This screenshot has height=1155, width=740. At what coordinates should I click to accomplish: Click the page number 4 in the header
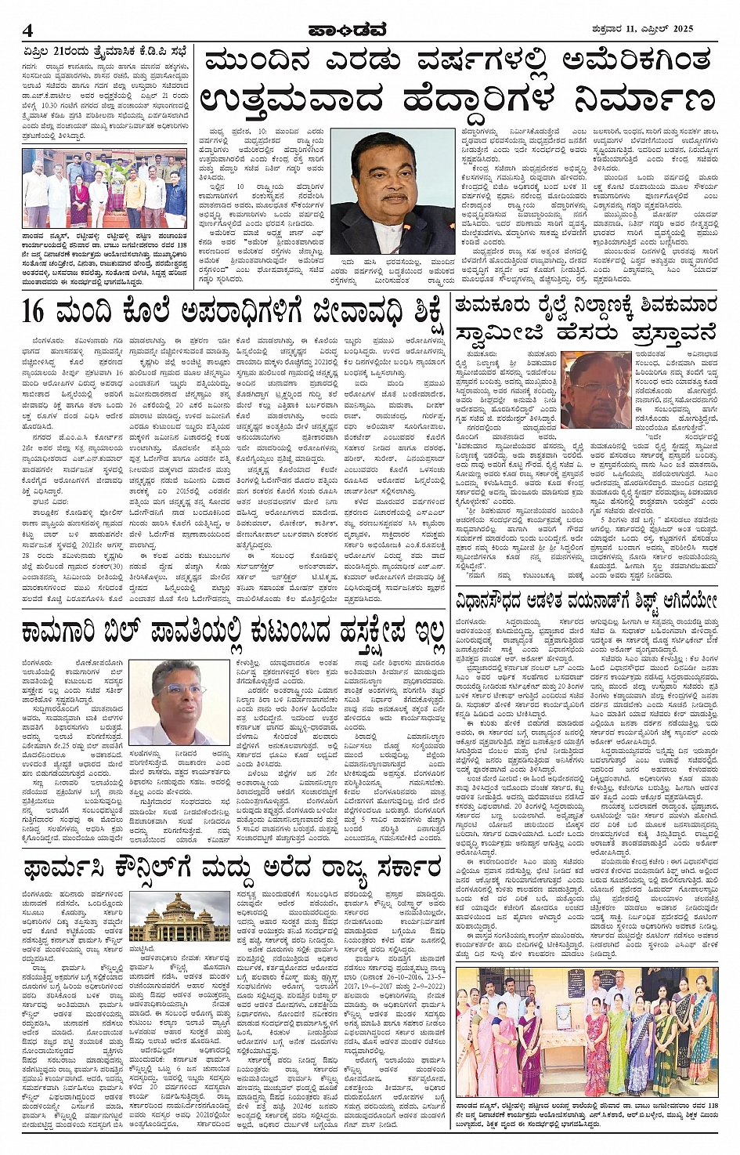28,31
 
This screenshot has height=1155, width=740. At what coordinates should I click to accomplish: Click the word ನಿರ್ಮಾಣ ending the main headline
641,101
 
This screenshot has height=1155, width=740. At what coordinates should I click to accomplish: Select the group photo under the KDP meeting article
105,188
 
